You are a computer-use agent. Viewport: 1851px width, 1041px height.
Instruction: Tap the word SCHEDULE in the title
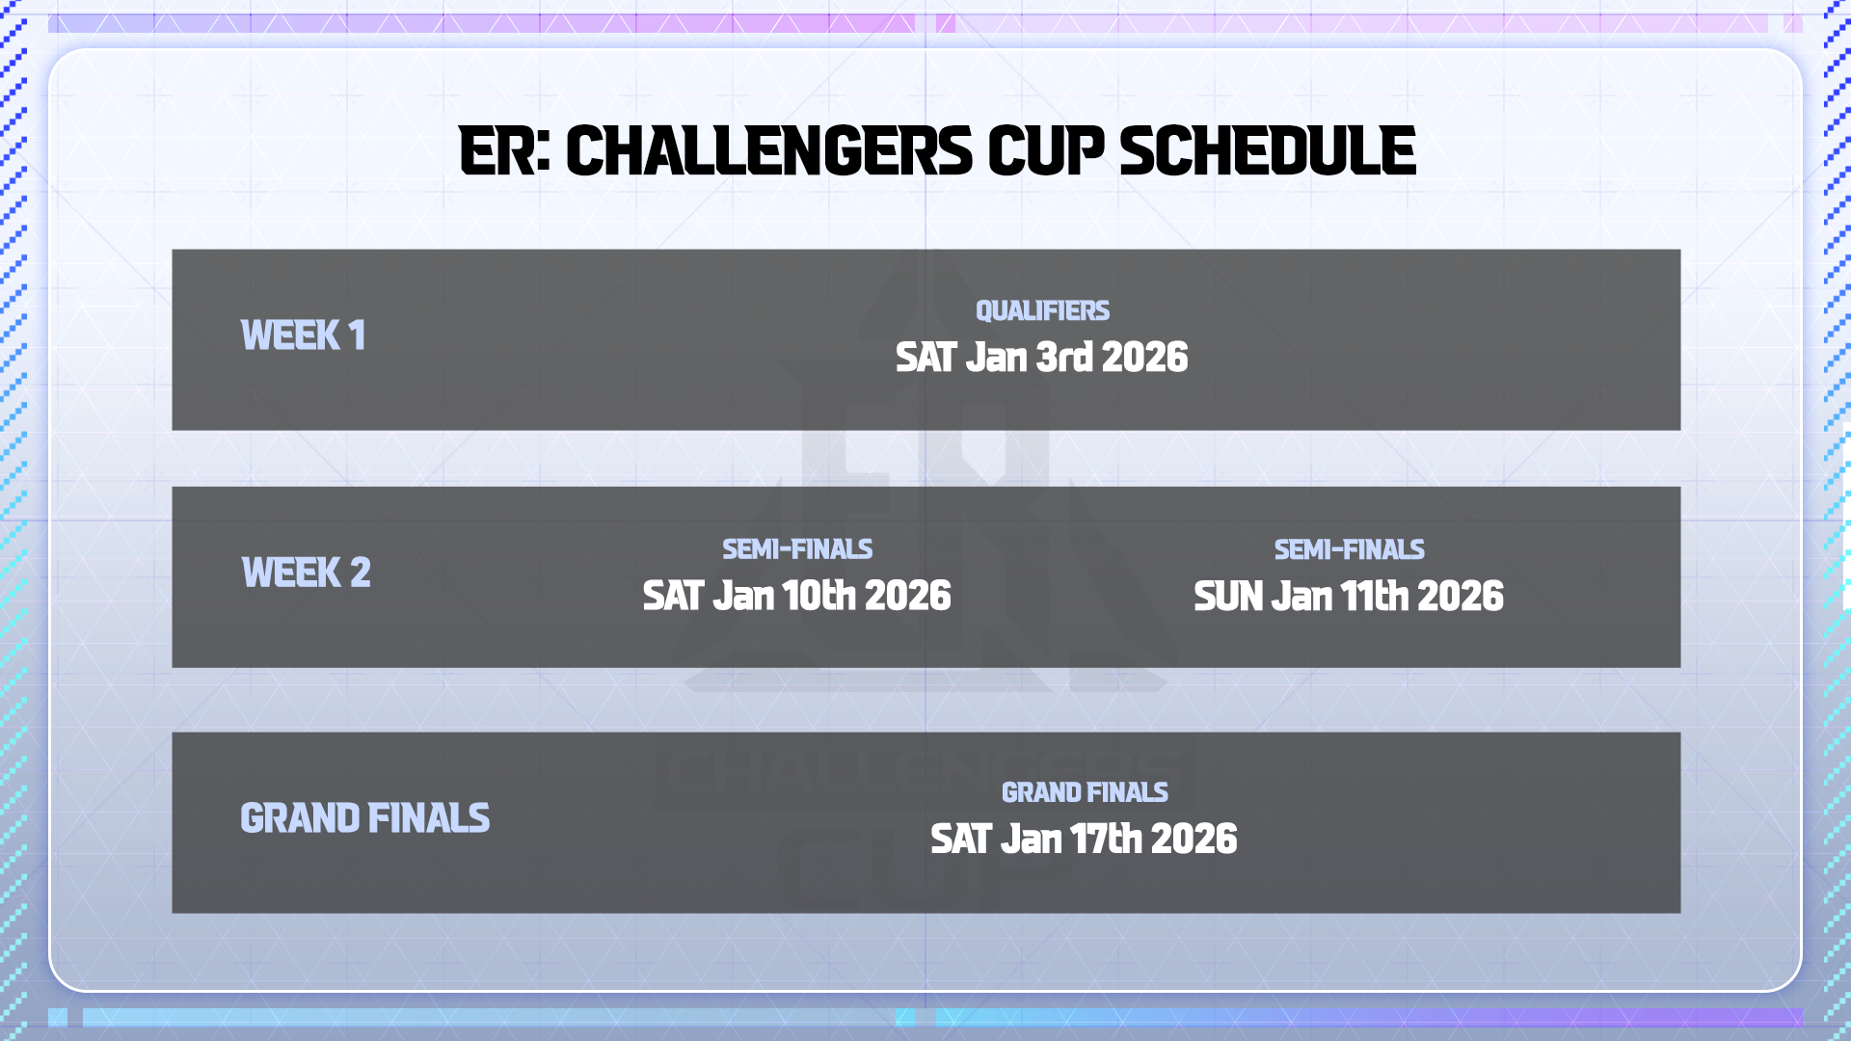pos(1267,151)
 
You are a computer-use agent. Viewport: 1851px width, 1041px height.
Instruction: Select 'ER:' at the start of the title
pos(505,151)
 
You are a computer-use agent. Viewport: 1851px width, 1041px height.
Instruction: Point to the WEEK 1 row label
pos(303,335)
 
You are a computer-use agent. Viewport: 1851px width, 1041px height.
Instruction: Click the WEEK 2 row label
pos(306,573)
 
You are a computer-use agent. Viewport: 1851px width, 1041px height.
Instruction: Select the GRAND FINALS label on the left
pos(364,818)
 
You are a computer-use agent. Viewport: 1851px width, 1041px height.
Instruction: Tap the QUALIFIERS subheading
pos(1042,310)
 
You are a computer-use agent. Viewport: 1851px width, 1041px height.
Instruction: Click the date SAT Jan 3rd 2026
pos(1041,358)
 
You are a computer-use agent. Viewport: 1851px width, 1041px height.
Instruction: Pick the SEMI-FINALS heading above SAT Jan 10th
pos(797,549)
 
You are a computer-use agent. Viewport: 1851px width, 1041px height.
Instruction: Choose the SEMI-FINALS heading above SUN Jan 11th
pos(1349,549)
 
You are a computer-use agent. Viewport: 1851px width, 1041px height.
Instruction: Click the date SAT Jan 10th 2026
pos(796,596)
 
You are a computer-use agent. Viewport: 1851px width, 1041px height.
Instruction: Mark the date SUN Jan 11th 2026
pos(1348,597)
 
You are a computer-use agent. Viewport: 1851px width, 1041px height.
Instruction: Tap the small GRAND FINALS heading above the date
pos(1085,792)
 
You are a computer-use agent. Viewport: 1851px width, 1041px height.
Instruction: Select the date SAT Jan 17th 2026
pos(1084,840)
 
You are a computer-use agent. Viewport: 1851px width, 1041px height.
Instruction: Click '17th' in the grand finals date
pos(1107,840)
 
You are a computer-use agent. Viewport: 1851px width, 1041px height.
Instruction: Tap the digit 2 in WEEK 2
pos(361,573)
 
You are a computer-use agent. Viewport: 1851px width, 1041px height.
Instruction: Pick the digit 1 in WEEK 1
pos(358,335)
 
